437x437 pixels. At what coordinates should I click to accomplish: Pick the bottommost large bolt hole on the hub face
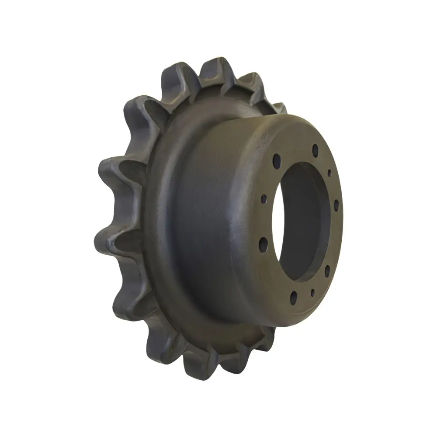293,298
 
